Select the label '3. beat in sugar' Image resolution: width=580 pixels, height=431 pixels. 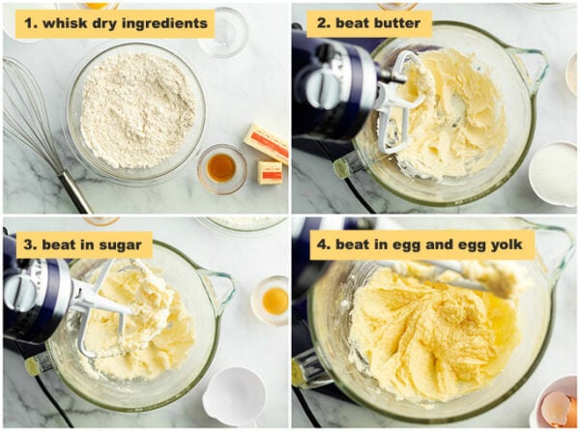[x=83, y=244]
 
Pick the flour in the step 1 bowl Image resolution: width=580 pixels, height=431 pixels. [x=136, y=108]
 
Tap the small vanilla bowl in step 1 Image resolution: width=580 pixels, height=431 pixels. [x=221, y=168]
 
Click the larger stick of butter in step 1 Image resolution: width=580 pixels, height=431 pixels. [x=266, y=142]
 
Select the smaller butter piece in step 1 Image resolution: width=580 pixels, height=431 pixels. [x=270, y=172]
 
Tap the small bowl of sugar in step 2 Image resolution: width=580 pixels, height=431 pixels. [x=555, y=173]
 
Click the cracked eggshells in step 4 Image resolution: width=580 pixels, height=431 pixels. [x=558, y=407]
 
